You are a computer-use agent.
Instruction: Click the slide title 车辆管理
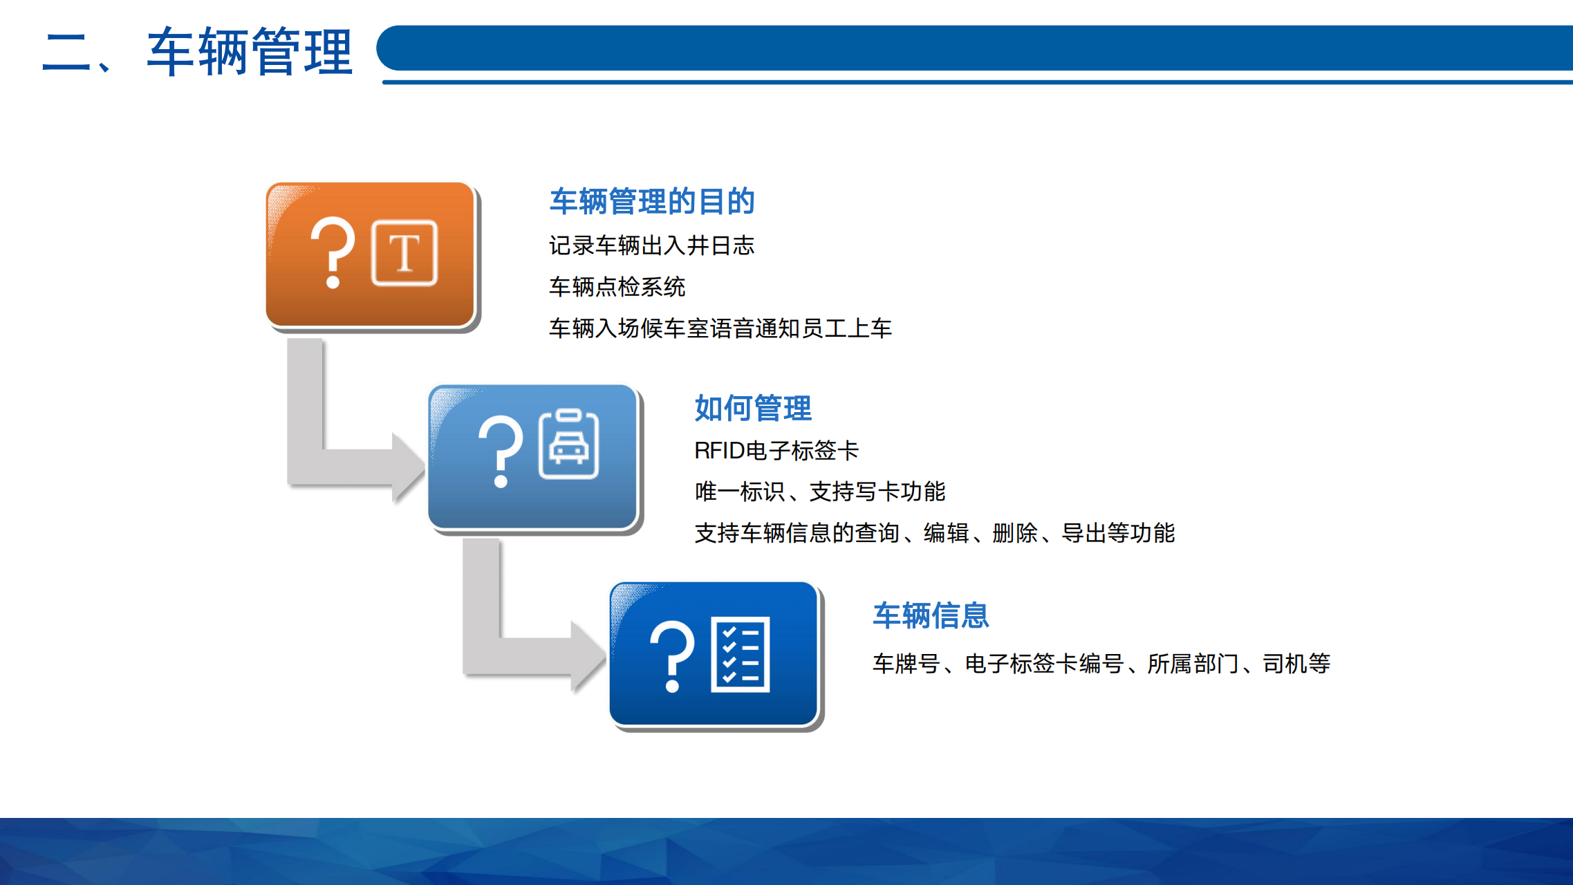tap(250, 51)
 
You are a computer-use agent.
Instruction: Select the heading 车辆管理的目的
tap(652, 201)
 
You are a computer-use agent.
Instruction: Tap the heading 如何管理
tap(753, 408)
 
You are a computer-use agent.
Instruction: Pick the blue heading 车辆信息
tap(931, 615)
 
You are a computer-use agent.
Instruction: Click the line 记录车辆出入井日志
tap(651, 245)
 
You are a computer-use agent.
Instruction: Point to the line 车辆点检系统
tap(617, 287)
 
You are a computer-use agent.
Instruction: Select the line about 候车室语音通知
tap(720, 328)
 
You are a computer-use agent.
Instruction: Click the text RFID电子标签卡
tap(776, 451)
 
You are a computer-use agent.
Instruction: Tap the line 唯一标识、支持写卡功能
tap(820, 492)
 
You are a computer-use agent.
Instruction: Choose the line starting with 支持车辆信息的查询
tap(935, 533)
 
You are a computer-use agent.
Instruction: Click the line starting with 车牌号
tap(1101, 664)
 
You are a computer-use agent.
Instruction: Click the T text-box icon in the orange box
tap(404, 253)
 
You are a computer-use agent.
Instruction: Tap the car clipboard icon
tap(569, 443)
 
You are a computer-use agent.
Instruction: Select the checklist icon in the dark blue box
tap(741, 654)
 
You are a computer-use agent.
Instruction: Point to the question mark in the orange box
tap(333, 252)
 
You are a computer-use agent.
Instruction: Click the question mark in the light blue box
tap(501, 451)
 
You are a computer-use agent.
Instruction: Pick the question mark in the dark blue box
tap(672, 656)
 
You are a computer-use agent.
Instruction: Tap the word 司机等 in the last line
tap(1296, 664)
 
